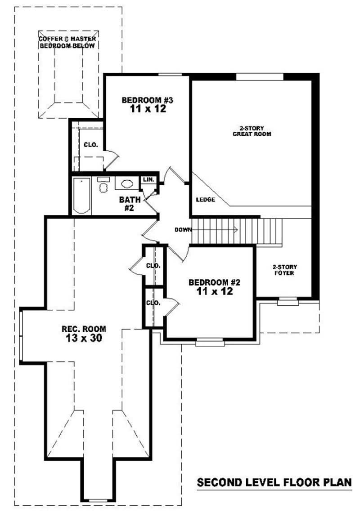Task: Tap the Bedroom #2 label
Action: tap(215, 282)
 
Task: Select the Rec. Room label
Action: tap(80, 329)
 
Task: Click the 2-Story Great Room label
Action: tap(252, 131)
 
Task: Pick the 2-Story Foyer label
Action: tap(284, 270)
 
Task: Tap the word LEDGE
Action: tap(205, 200)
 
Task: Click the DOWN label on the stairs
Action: tap(183, 230)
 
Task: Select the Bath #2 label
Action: tap(130, 203)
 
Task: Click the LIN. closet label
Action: tap(148, 180)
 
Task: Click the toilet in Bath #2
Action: tap(103, 186)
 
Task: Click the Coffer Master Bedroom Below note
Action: tap(67, 43)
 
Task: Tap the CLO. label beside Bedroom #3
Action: tap(91, 145)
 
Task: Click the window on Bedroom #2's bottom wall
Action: tap(210, 343)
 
